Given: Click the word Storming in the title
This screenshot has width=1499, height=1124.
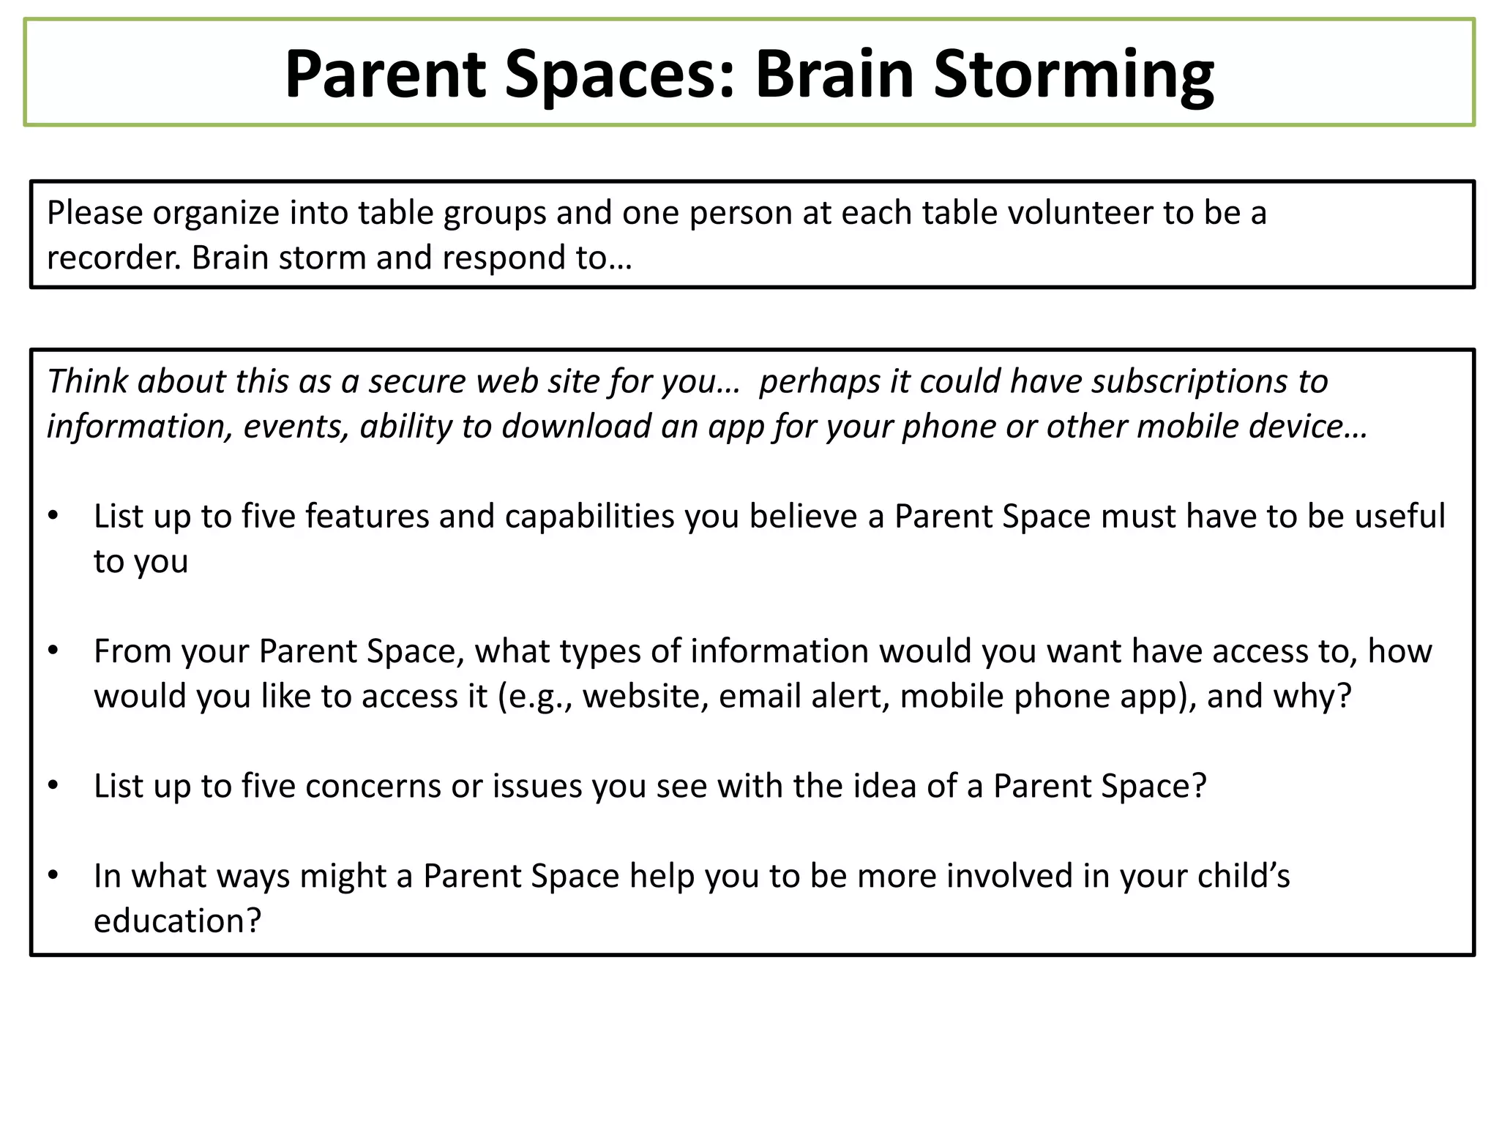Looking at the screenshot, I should pos(1073,74).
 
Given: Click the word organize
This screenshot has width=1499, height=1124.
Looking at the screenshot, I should pos(216,213).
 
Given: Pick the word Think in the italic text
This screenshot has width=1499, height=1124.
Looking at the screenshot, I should pos(87,381).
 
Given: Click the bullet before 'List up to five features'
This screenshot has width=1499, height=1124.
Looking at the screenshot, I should pos(53,516).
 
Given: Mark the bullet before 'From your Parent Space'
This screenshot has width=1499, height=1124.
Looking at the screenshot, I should pos(53,651).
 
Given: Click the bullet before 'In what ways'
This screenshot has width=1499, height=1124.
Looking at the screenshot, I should pos(53,876).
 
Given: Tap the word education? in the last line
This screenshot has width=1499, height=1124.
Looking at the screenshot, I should pos(177,921).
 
